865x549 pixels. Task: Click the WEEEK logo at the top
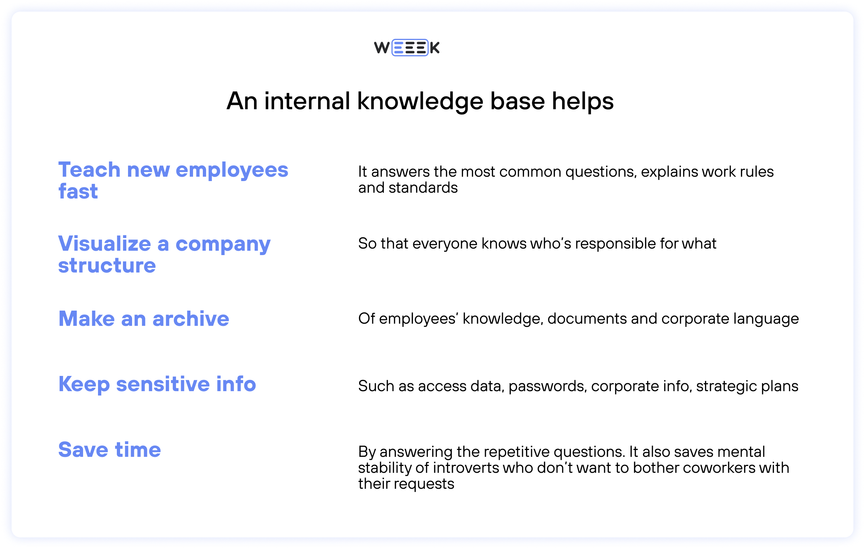407,48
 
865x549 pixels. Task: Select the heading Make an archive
144,319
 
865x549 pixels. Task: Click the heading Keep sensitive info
157,384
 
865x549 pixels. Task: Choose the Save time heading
110,450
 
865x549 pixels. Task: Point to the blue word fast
78,191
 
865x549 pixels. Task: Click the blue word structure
107,265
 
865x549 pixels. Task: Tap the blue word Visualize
104,243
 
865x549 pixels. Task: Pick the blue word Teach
89,170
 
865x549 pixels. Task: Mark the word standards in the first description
423,188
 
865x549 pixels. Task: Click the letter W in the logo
382,48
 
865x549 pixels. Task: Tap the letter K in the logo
435,48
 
